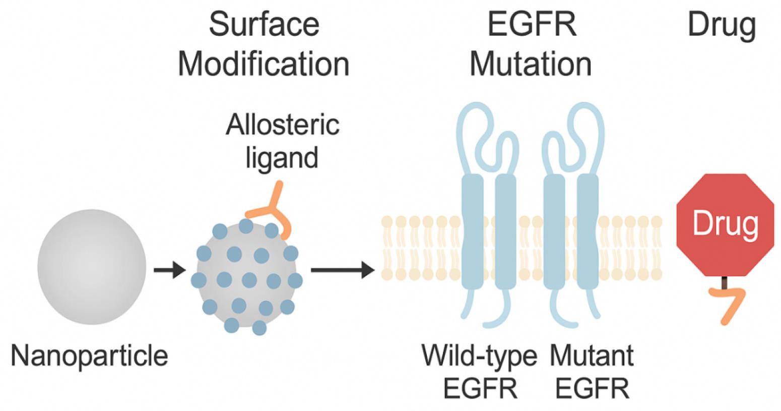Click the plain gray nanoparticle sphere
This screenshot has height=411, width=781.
coord(92,267)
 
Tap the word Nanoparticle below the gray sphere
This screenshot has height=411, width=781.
coord(90,356)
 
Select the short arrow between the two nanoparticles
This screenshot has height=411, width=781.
coord(170,270)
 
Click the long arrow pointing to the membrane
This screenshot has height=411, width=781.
coord(343,270)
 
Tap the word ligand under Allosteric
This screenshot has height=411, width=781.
coord(282,157)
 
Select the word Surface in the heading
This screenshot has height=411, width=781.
coord(264,24)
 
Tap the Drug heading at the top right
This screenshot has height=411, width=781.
coord(722,26)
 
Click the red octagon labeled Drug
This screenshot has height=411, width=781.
coord(725,225)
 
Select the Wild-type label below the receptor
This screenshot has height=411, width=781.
coord(479,357)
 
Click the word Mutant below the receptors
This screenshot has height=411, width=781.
coord(592,356)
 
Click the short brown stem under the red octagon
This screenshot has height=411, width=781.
coord(725,282)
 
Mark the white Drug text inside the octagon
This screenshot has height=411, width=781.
coord(725,224)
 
